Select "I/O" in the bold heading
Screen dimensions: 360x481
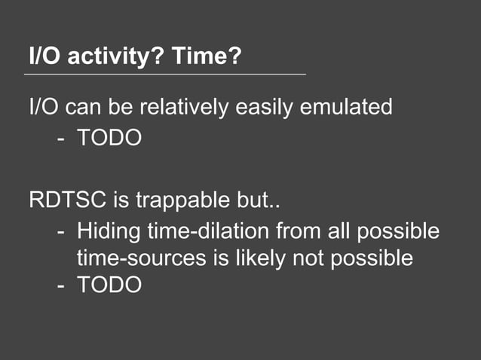coord(42,56)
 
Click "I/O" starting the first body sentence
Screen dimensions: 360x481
coord(43,107)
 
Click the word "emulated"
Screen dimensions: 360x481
coord(347,107)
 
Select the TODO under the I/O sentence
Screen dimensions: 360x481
coord(109,139)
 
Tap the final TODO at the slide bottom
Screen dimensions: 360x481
coord(109,285)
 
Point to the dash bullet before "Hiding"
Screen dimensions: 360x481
coord(61,230)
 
